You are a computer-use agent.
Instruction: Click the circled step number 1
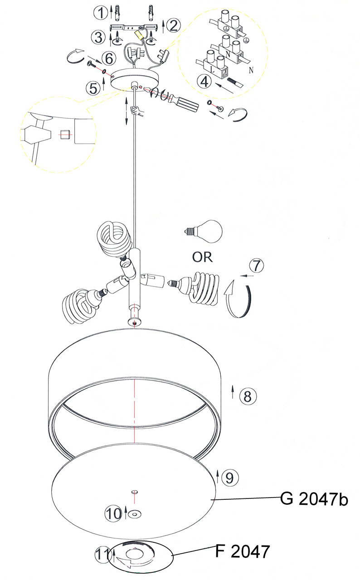tap(101, 13)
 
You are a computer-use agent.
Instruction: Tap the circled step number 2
tap(174, 25)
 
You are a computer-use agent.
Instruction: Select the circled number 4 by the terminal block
tap(204, 82)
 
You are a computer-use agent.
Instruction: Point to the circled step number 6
tap(109, 58)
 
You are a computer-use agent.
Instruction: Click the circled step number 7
tap(257, 266)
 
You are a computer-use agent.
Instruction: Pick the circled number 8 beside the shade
tap(248, 396)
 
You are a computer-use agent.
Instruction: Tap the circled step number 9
tap(230, 478)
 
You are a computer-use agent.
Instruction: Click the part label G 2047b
tap(314, 499)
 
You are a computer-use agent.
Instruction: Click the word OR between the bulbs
tap(202, 257)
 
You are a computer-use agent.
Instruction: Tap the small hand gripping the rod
tap(137, 111)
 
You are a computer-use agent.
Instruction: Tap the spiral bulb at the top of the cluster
tap(114, 238)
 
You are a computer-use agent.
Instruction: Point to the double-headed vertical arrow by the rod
tap(126, 111)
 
